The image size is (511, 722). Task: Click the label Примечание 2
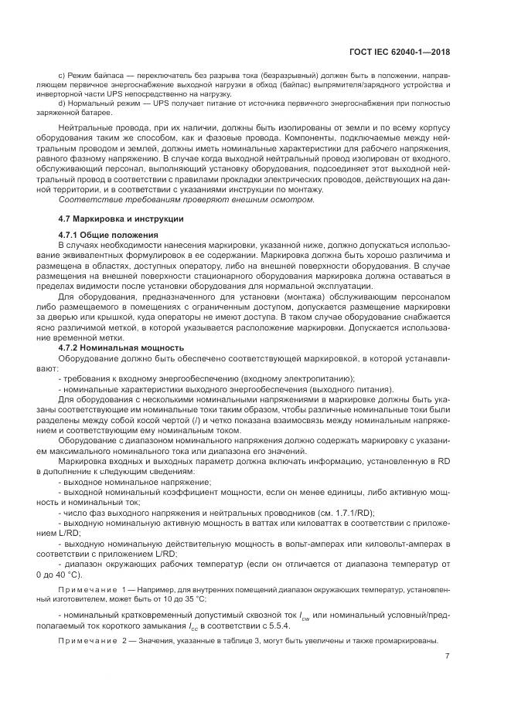tap(90, 642)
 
